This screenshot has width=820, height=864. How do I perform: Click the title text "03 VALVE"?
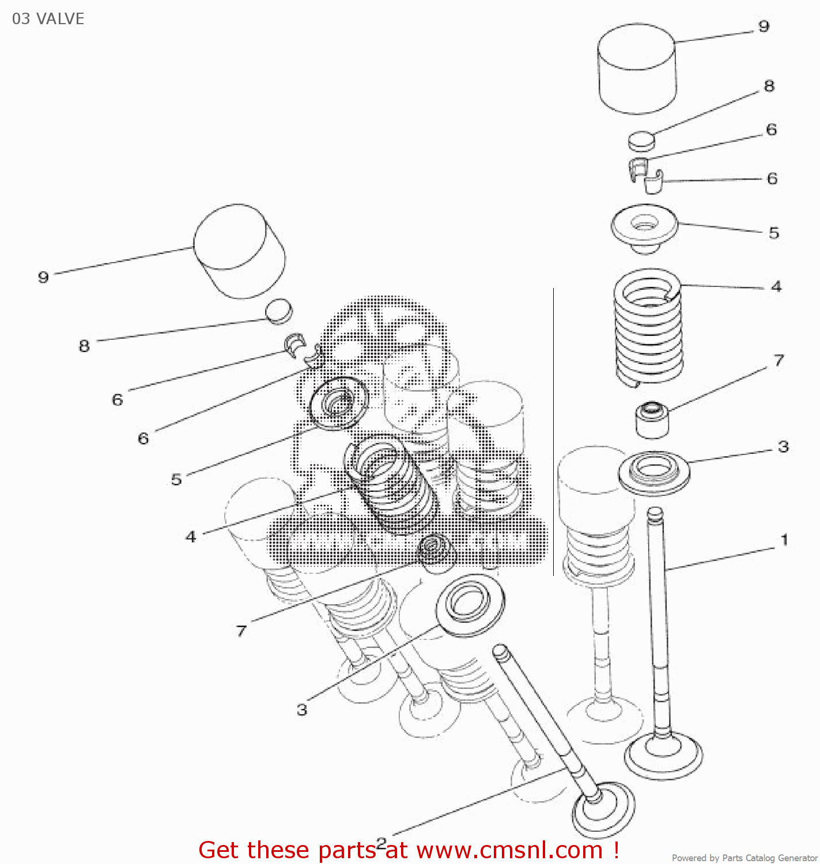click(x=48, y=19)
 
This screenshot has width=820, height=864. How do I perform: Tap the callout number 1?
click(x=784, y=540)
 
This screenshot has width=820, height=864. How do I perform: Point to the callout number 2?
click(x=381, y=843)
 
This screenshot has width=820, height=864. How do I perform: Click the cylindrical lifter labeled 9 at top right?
click(x=637, y=69)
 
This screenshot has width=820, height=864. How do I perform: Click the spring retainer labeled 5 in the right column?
click(x=644, y=228)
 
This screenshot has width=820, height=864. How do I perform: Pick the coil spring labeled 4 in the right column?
click(x=649, y=325)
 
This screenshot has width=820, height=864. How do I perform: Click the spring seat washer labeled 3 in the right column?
click(x=653, y=472)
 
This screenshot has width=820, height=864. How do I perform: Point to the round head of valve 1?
click(x=663, y=755)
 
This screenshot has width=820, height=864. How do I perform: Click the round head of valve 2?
click(x=603, y=809)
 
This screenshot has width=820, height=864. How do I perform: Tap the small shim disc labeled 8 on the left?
click(x=279, y=311)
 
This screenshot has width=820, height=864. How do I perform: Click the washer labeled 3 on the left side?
click(x=470, y=608)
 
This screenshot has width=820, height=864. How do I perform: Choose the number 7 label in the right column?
click(x=779, y=361)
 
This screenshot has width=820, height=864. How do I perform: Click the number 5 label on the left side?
click(x=176, y=479)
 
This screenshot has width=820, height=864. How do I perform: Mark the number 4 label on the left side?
click(x=191, y=537)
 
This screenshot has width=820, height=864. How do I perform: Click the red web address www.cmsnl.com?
click(x=509, y=850)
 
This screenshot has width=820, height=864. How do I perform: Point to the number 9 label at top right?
click(x=764, y=26)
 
